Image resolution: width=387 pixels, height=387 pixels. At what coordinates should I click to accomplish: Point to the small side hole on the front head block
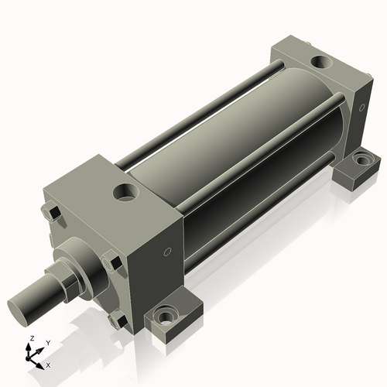click(167, 252)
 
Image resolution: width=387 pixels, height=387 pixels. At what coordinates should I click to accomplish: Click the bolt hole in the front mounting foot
click(165, 317)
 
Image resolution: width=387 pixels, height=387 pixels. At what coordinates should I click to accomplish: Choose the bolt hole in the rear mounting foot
click(361, 160)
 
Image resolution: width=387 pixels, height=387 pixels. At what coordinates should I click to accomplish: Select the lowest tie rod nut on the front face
click(117, 319)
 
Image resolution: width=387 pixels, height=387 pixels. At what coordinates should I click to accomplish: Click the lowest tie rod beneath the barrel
click(255, 224)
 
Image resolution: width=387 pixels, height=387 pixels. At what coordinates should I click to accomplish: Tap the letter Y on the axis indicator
click(47, 342)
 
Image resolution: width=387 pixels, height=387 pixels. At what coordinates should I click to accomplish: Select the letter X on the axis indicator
click(49, 364)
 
